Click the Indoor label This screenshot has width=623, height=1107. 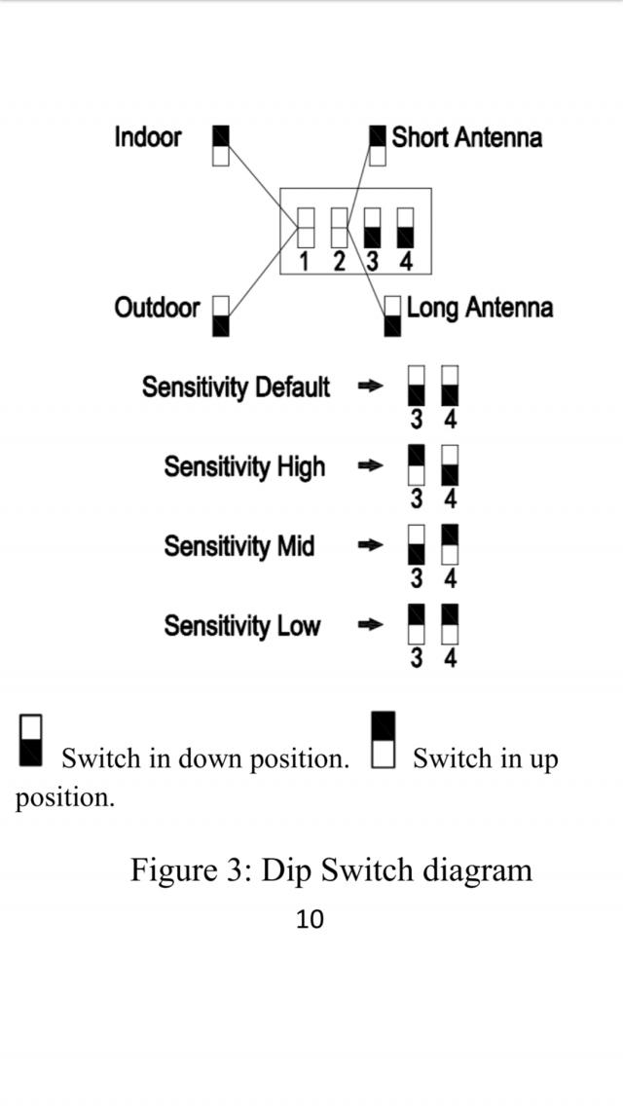click(147, 137)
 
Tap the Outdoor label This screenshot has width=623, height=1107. click(156, 309)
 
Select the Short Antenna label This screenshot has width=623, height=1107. click(466, 137)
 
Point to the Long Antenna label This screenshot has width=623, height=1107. click(479, 309)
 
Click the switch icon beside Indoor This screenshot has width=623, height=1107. click(221, 145)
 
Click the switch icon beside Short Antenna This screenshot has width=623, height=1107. click(378, 145)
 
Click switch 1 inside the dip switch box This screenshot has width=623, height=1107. click(306, 227)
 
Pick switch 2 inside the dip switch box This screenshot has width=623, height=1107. click(340, 227)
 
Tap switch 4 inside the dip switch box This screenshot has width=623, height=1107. click(406, 227)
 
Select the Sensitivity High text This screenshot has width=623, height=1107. click(244, 467)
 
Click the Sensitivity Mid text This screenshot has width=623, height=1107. click(238, 546)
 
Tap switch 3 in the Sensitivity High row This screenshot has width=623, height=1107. click(417, 465)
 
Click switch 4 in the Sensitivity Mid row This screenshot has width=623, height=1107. click(450, 544)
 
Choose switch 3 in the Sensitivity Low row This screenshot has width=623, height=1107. click(417, 624)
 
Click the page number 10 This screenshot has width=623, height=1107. click(310, 919)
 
